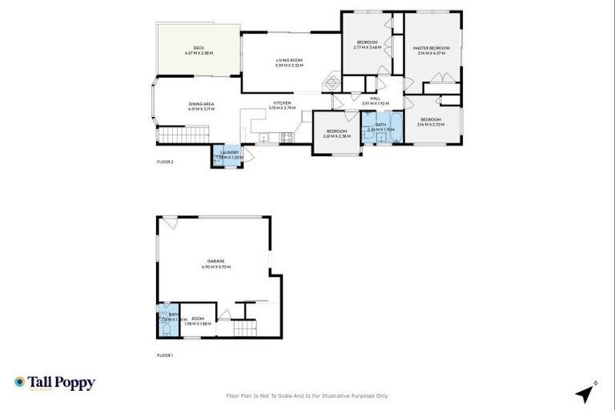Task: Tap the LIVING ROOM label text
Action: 287,62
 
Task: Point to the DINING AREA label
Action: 201,106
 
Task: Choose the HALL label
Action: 375,101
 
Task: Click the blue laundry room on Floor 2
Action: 227,155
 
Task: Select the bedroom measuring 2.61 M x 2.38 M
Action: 336,133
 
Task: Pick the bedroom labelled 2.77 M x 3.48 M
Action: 367,44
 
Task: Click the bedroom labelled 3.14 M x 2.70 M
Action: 431,122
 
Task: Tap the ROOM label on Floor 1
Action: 197,320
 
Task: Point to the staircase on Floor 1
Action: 243,328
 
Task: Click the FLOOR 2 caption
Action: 165,163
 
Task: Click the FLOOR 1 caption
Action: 165,354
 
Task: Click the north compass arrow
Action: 585,393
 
